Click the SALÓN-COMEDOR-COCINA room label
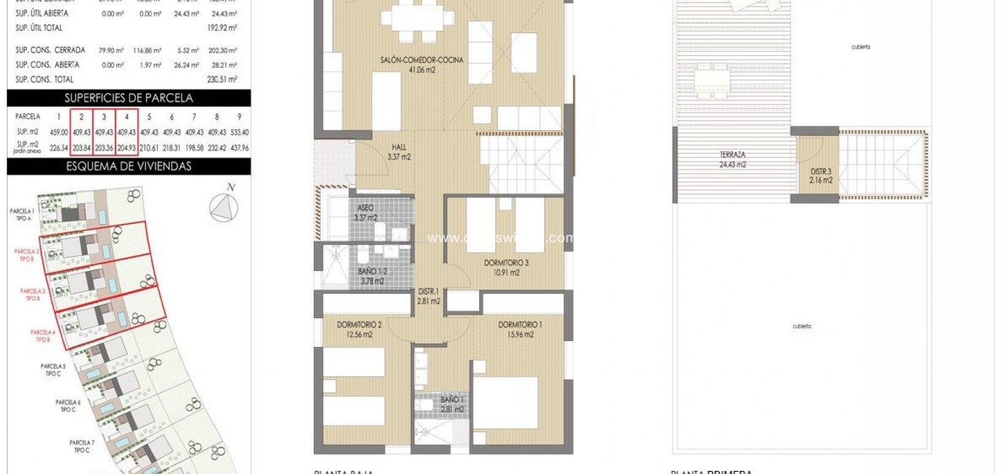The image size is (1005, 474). point(421,60)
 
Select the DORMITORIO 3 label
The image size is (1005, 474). point(506,262)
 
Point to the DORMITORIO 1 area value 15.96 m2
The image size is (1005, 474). point(520,335)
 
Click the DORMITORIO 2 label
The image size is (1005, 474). point(359,324)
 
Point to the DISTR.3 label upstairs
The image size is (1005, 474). point(821,171)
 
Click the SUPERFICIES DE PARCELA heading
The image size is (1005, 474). point(128,98)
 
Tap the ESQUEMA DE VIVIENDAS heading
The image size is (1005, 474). point(128,166)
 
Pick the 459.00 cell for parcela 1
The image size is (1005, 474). point(59,132)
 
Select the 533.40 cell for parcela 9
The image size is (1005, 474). point(239,132)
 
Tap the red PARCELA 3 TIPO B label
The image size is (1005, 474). point(33,294)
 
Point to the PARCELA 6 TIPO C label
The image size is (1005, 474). point(67,406)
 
